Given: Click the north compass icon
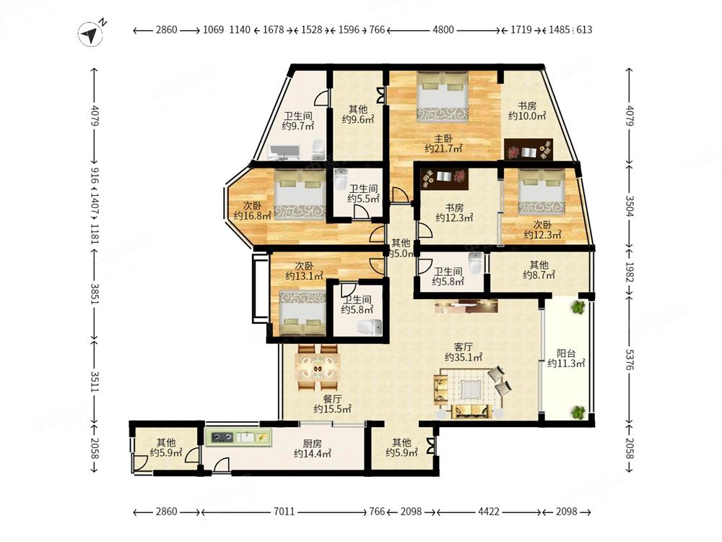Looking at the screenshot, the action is [90, 34].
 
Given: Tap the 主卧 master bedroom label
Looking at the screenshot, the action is [443, 138].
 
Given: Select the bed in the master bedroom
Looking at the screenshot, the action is [443, 98].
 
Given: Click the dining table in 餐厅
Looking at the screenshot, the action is [318, 368].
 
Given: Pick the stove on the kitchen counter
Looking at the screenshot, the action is [221, 437].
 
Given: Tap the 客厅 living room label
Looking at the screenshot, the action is [464, 347].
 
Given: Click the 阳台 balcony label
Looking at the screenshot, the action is [566, 353].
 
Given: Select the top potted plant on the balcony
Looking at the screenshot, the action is [578, 307].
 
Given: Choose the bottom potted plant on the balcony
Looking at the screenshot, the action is [578, 412].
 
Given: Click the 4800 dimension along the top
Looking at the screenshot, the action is [443, 30].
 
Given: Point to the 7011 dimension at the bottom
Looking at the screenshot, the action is [284, 512].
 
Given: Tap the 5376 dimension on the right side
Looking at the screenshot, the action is [630, 359].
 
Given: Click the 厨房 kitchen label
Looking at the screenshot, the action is [312, 444].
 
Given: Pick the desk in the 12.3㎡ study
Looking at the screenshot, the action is [445, 178].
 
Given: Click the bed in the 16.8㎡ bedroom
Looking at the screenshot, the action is [300, 194].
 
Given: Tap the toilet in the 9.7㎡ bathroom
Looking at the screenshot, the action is [318, 149].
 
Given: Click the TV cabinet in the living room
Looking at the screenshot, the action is [466, 306].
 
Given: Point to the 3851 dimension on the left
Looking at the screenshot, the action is [95, 293].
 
